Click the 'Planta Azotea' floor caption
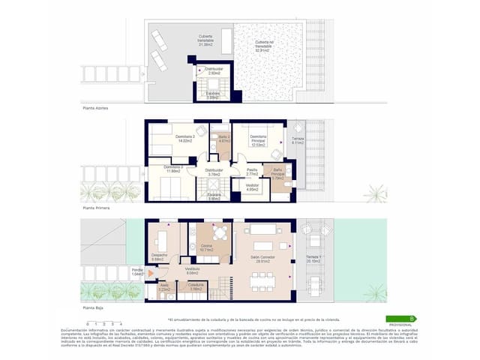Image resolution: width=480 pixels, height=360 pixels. coord(96,109)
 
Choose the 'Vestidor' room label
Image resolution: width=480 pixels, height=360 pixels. coord(253,186)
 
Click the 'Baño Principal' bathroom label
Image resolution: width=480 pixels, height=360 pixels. coord(276,175)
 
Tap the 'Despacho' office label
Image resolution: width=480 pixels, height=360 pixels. coord(158,257)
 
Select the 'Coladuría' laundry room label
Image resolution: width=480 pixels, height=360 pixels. coord(196,286)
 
